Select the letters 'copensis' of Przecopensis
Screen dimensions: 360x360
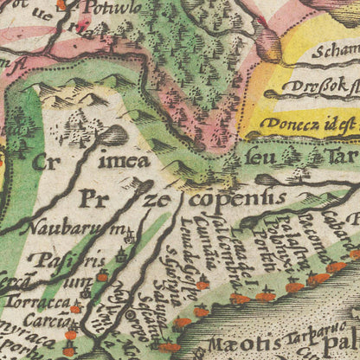point(234,197)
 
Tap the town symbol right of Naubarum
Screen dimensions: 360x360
point(129,234)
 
